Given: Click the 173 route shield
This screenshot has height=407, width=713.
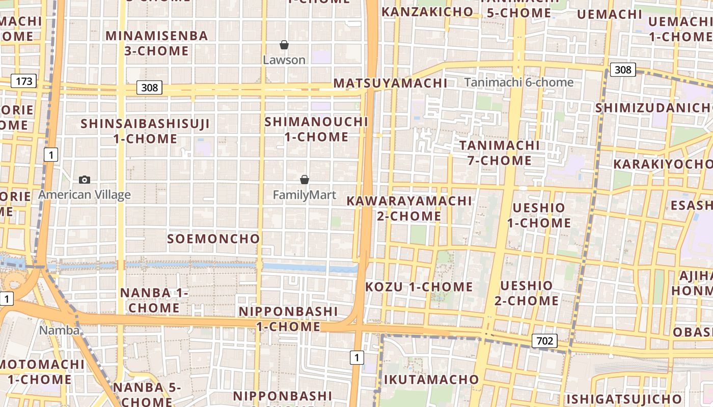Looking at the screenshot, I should click(24, 81).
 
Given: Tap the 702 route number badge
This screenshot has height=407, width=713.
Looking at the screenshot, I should click(544, 341).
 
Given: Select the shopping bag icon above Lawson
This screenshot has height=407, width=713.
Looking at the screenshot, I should click(284, 45).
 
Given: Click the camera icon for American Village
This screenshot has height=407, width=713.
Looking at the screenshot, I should click(85, 180).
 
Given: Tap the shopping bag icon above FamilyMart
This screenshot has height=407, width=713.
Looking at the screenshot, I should click(305, 180).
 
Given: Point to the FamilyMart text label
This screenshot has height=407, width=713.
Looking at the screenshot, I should click(305, 195).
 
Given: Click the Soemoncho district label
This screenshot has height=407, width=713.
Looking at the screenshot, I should click(213, 239).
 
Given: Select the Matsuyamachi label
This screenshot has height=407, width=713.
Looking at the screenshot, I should click(390, 83).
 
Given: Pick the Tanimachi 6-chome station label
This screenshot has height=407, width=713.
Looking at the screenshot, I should click(518, 82).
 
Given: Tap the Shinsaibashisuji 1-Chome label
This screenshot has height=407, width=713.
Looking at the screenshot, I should click(145, 131).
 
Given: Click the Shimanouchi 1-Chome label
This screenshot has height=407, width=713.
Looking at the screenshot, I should click(316, 129).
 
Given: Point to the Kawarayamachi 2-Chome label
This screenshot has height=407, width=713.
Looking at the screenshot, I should click(409, 208).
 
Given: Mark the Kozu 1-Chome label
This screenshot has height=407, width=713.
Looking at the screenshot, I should click(419, 287).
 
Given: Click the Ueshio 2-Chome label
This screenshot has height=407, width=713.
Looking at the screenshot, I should click(527, 293).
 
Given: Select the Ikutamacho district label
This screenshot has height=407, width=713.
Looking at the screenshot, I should click(431, 380).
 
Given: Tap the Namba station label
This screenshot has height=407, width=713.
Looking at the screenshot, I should click(60, 330).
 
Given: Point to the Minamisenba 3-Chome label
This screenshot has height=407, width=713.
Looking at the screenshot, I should click(157, 43).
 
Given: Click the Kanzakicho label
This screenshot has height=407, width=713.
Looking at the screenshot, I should click(427, 12).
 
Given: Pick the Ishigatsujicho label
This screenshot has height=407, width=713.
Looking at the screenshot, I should click(624, 398).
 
